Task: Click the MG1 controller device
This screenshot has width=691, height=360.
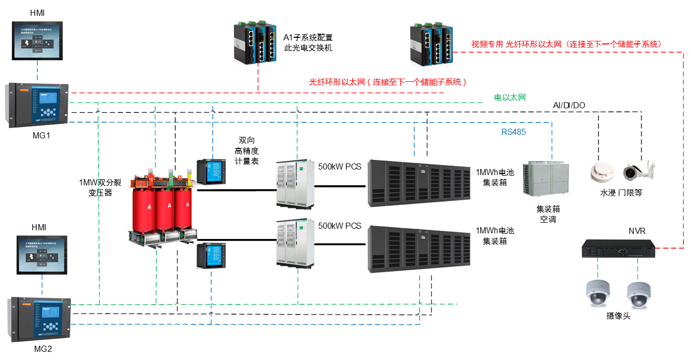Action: (38, 106)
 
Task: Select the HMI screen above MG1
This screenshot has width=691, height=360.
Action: (38, 42)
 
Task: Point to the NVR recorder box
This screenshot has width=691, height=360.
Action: (618, 249)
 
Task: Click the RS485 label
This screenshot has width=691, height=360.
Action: (513, 132)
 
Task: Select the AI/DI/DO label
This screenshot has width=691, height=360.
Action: (569, 105)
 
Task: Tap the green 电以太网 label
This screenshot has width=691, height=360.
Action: (509, 97)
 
